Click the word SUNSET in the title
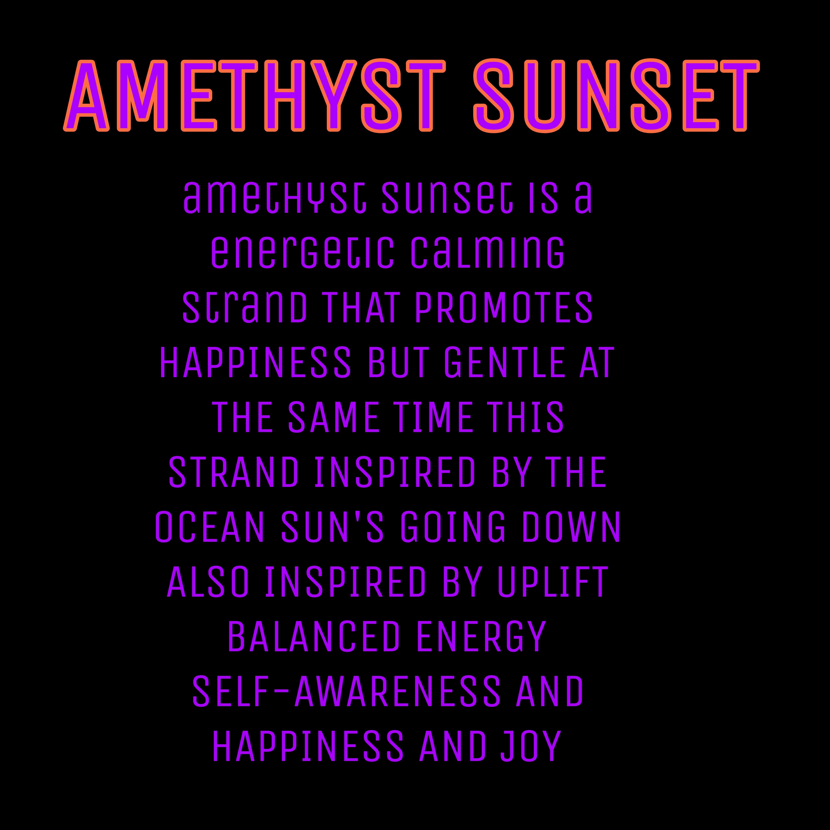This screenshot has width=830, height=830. [x=616, y=95]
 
